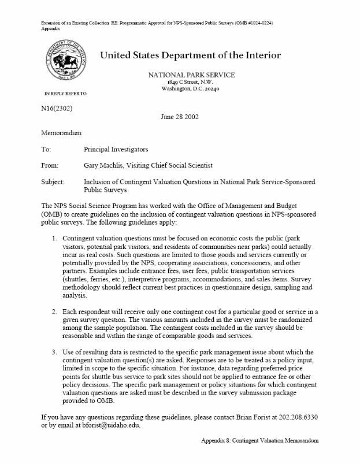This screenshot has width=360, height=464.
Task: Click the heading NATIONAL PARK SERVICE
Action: click(191, 75)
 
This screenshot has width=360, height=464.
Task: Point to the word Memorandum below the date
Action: click(62, 132)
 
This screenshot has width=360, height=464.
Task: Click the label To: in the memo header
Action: click(46, 149)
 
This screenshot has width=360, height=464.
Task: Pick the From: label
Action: click(50, 165)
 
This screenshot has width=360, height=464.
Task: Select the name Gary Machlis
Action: click(107, 165)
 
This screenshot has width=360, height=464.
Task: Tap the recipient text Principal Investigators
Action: click(120, 149)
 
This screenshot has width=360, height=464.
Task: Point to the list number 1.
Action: click(54, 237)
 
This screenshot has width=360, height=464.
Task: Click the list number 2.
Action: click(54, 312)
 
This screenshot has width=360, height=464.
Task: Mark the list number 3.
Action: click(54, 352)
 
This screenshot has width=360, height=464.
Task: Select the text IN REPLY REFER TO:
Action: click(66, 93)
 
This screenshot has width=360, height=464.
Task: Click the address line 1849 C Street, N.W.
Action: click(191, 83)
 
